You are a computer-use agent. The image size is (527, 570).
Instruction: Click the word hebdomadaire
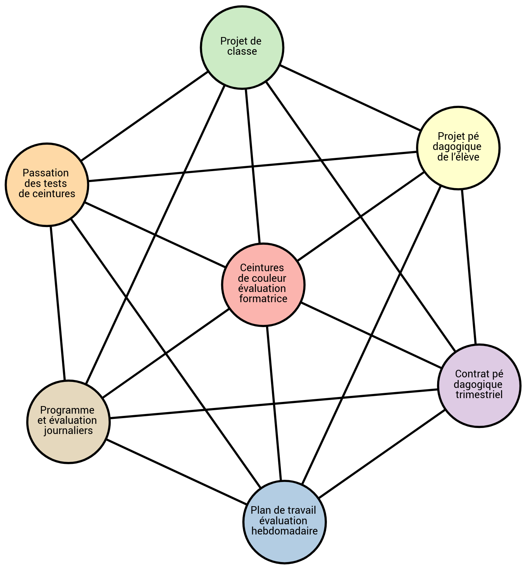coord(284,531)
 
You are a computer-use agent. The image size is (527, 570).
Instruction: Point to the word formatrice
coord(263,299)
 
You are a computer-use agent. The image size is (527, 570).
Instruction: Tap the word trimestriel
coord(479,395)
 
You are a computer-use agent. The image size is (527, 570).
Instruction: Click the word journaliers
coord(68,431)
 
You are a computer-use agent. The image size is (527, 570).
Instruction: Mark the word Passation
coord(46,173)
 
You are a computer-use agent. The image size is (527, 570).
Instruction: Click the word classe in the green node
coord(242,51)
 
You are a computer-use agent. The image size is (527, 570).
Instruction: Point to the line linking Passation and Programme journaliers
coord(58,303)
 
